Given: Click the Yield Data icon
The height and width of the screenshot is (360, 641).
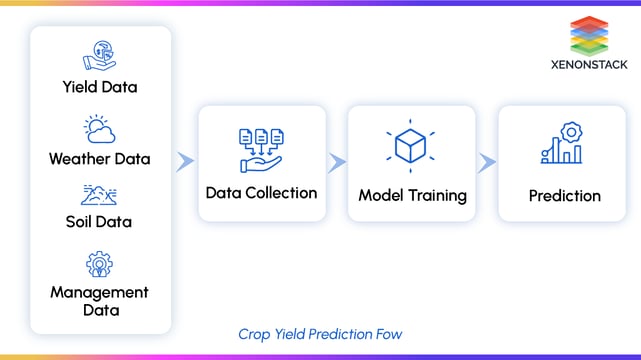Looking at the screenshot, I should coord(100,55).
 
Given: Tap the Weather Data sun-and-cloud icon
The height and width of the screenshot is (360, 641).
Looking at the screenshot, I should coord(100,129).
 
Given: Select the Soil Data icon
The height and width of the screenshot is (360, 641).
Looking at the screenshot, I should coord(100,194).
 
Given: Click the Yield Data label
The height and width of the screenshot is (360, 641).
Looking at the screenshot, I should coord(100,87).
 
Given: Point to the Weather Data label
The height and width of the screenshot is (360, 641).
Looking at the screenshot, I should coord(100,158).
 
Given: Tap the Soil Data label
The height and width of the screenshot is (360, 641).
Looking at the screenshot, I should coord(100,221).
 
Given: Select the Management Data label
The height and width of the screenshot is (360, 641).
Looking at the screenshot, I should coord(100,301).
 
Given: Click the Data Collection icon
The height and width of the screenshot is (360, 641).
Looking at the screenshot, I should coord(262,147).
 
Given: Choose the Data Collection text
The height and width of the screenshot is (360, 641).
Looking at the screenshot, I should coord(262,192).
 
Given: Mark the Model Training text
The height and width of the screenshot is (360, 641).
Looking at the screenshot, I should coord(412,195).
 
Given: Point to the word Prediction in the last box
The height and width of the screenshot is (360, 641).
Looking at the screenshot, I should coord(565,195).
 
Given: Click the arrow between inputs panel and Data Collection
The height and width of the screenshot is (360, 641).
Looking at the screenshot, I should coord(185,162).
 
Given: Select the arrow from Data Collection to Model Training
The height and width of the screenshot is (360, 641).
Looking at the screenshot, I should coord(337,162).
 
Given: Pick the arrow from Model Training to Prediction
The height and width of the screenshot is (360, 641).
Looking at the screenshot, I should coord(487,162).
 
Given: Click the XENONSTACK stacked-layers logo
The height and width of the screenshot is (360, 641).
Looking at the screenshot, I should coord(590,36).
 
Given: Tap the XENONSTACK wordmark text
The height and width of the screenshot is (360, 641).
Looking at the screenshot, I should coord(590,67).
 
